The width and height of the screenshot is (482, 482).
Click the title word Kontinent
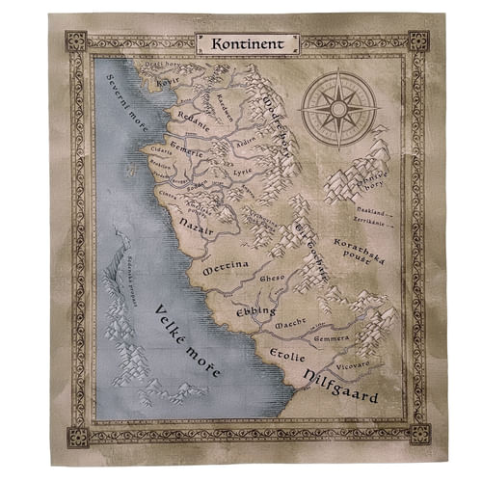(247, 42)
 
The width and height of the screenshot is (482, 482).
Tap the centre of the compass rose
(337, 106)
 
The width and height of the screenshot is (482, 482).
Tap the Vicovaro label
(354, 366)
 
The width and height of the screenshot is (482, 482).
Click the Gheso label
(273, 280)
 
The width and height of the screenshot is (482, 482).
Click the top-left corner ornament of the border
(76, 41)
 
